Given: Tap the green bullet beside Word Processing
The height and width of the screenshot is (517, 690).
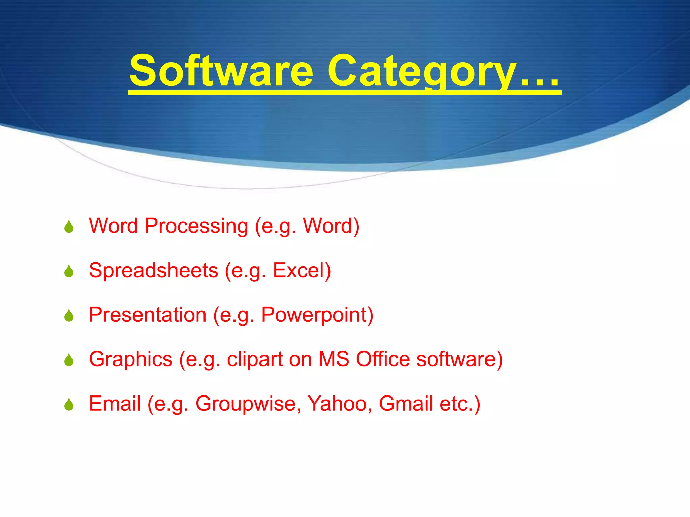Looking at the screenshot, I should pyautogui.click(x=69, y=227).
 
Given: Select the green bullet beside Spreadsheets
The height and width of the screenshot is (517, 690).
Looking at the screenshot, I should pyautogui.click(x=69, y=271).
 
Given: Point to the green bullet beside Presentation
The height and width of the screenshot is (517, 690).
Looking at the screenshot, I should pyautogui.click(x=69, y=316).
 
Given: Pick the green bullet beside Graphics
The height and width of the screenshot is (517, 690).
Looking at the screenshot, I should pyautogui.click(x=69, y=360).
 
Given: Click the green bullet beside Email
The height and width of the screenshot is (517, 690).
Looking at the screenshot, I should pyautogui.click(x=69, y=405).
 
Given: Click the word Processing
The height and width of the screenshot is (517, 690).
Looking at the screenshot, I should pyautogui.click(x=196, y=226).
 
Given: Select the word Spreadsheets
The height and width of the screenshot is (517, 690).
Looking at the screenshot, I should pyautogui.click(x=154, y=270).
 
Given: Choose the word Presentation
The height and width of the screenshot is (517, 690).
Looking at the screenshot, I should pyautogui.click(x=148, y=315).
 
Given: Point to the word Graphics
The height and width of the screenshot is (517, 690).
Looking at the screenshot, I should pyautogui.click(x=131, y=359).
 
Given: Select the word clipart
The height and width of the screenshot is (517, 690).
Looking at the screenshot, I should pyautogui.click(x=255, y=359).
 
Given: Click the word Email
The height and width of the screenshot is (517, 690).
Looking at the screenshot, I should pyautogui.click(x=115, y=404).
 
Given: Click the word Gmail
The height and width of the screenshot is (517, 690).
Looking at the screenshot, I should pyautogui.click(x=406, y=404).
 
